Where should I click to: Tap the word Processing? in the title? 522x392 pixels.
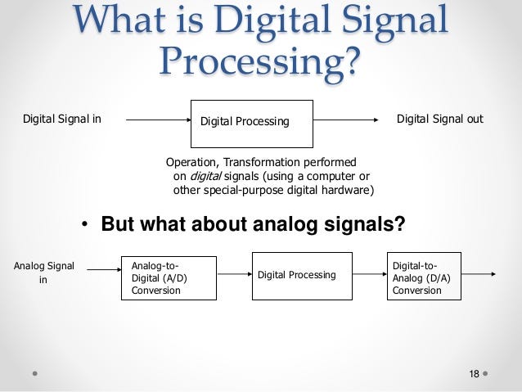(260, 58)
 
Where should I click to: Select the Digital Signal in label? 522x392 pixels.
(62, 119)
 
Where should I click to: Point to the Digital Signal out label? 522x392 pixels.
(440, 119)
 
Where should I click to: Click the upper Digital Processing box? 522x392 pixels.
(252, 122)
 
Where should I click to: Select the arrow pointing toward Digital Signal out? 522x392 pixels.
(348, 120)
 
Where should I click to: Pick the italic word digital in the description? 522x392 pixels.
(207, 176)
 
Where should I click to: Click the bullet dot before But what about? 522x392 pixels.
(84, 223)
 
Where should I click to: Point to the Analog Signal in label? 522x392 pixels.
(44, 272)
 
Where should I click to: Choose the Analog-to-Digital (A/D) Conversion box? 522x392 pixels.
(169, 277)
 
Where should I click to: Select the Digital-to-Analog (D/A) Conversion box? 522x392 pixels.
(423, 277)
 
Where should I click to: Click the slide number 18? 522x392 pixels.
(474, 373)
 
